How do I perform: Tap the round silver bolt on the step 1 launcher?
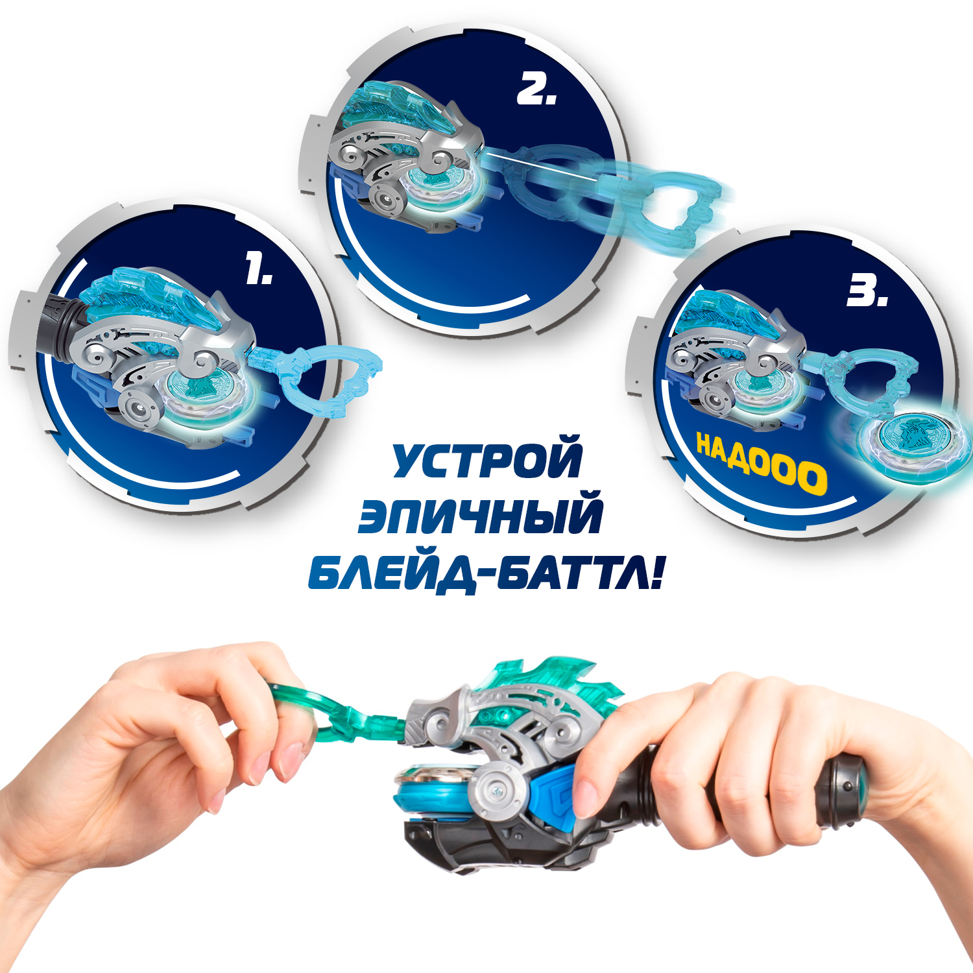click(x=139, y=408)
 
